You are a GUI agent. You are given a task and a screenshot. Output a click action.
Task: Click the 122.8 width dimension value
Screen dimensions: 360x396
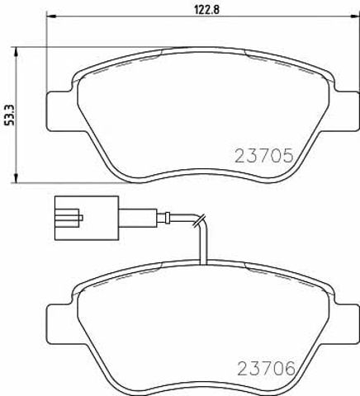click(x=206, y=10)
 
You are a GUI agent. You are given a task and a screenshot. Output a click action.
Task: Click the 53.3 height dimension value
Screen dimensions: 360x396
click(x=10, y=115)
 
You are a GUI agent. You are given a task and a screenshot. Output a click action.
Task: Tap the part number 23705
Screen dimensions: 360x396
click(x=263, y=156)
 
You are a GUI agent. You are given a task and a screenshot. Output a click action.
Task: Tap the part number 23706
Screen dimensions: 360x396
click(x=266, y=369)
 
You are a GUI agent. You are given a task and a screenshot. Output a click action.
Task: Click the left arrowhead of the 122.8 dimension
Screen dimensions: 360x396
click(x=52, y=16)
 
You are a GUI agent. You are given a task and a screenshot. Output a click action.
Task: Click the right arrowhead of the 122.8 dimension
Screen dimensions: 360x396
click(x=354, y=16)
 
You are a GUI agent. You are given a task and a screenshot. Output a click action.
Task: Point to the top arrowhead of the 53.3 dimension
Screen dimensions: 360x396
click(x=16, y=52)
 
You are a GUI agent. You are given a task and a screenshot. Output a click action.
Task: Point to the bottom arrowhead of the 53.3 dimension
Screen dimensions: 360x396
click(x=16, y=177)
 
